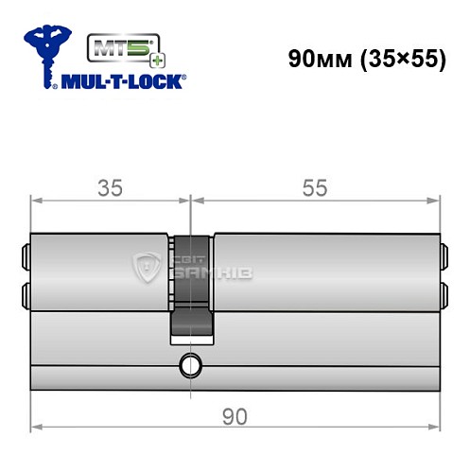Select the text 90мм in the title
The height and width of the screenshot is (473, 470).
tap(318, 58)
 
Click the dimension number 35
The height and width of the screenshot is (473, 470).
tap(112, 187)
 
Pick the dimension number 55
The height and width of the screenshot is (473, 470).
tap(315, 187)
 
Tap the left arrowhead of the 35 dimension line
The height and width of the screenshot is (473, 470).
tap(36, 200)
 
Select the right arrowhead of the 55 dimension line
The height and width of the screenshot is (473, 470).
tap(436, 200)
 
